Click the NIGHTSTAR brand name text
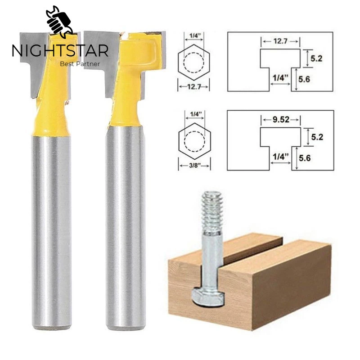[60, 50]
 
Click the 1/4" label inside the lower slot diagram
[278, 157]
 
